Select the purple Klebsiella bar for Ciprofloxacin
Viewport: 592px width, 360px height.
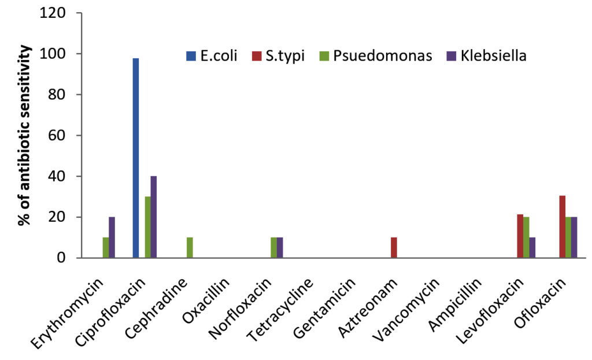coord(154,217)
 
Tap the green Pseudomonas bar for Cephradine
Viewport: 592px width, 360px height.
coord(190,247)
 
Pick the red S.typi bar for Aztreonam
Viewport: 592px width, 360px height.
coord(394,247)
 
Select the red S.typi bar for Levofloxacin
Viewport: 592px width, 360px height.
coord(520,236)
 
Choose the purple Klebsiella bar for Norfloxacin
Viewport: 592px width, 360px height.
coord(280,247)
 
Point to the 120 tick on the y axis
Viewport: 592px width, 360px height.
coord(53,13)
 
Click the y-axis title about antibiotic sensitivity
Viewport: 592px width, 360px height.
coord(25,135)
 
